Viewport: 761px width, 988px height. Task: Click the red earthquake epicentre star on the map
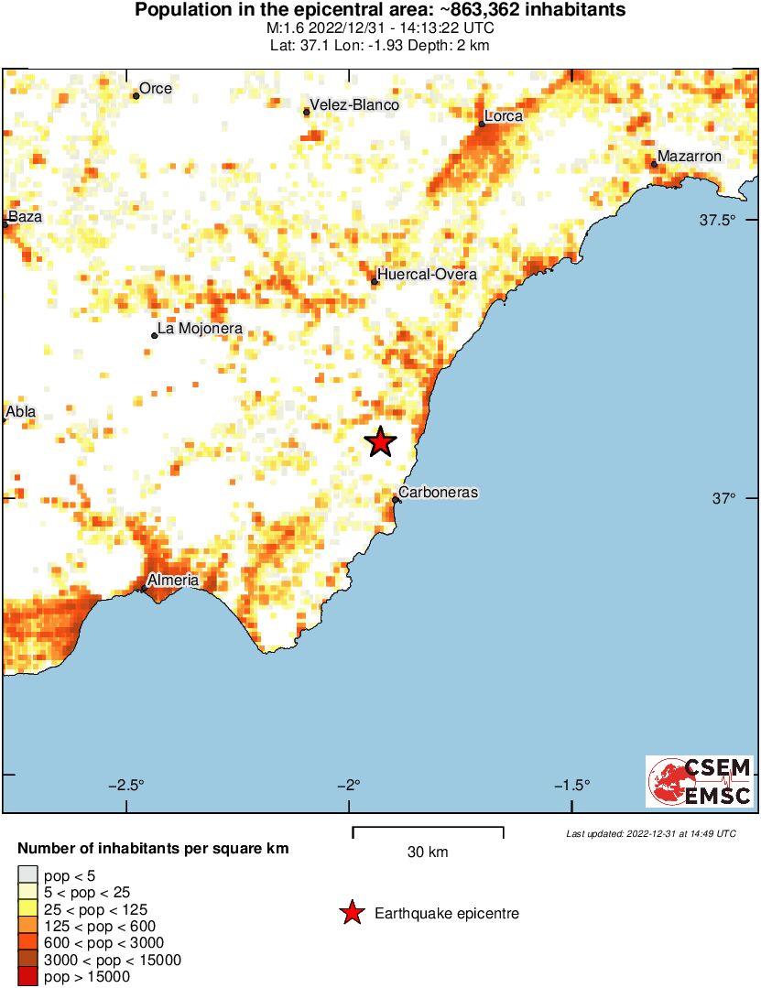click(x=380, y=442)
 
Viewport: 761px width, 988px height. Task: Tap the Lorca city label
click(x=504, y=116)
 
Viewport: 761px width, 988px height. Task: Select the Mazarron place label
click(x=690, y=157)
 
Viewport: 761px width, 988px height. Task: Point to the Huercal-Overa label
click(x=427, y=275)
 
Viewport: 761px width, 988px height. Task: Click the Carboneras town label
click(x=439, y=493)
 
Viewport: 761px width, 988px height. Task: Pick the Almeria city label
click(x=173, y=581)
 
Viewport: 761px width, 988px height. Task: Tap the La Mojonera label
click(x=200, y=329)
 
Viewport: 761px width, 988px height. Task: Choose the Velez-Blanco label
click(x=354, y=105)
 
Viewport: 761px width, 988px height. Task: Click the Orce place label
click(x=156, y=89)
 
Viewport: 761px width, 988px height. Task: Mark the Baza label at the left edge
click(x=25, y=218)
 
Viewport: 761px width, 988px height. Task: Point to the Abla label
click(x=21, y=412)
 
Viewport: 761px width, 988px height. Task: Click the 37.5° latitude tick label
click(x=718, y=220)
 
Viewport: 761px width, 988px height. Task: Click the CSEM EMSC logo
click(x=700, y=781)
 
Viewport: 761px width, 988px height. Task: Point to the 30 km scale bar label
click(x=428, y=852)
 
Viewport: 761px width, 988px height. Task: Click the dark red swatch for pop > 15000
click(x=27, y=977)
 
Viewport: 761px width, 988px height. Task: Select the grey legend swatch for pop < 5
click(x=27, y=876)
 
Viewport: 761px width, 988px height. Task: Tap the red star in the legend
click(x=351, y=913)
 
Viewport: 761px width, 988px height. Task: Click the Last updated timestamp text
click(x=650, y=834)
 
